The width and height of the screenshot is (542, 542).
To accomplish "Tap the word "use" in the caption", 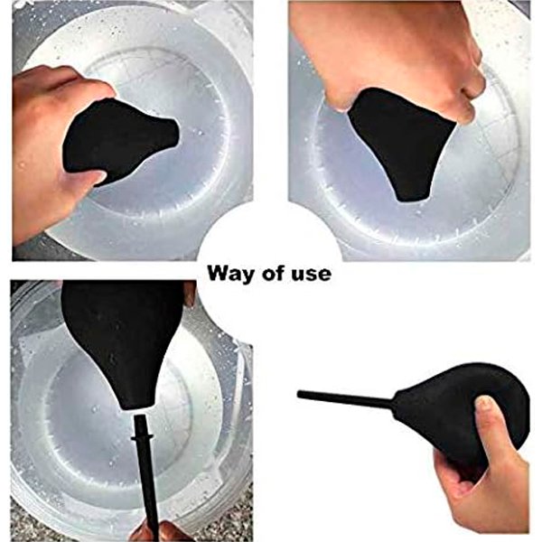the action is [x=314, y=275].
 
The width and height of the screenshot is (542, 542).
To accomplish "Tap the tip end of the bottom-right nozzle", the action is [x=299, y=394].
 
